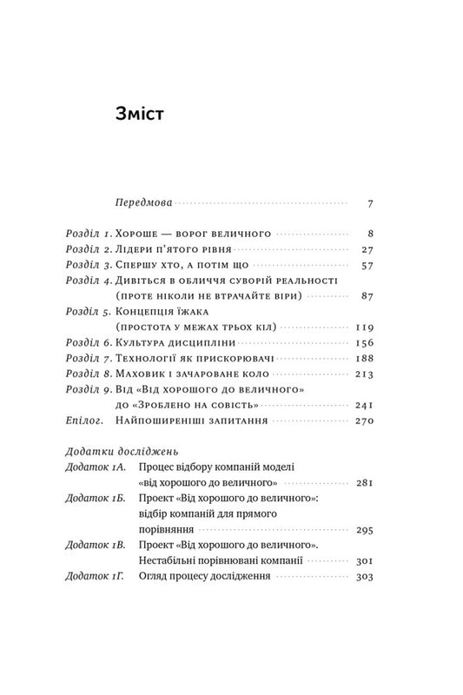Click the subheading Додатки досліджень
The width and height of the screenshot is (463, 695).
point(122,452)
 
